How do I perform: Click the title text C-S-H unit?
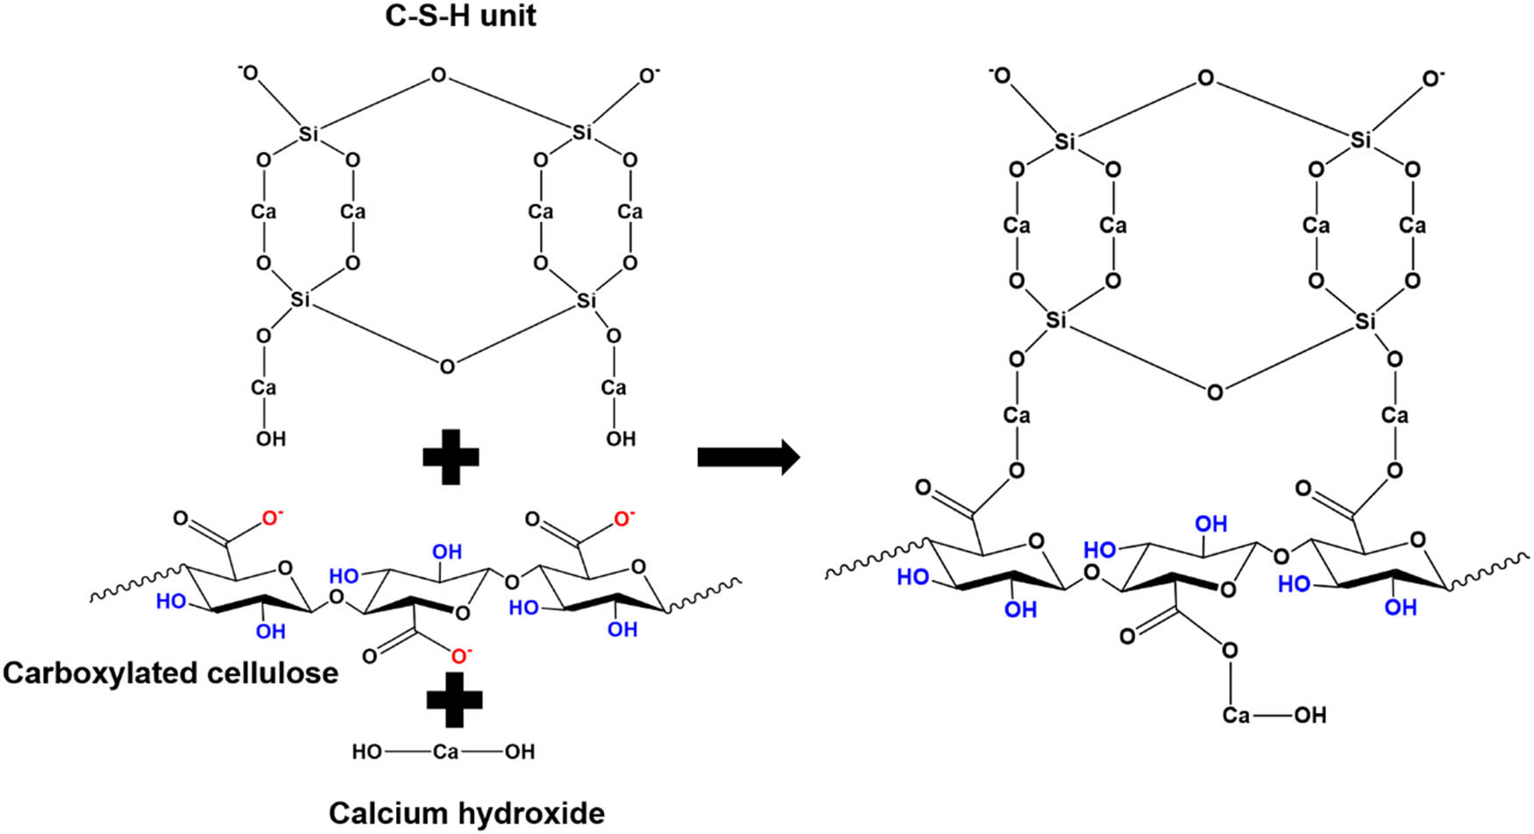(460, 16)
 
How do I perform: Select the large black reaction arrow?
(748, 457)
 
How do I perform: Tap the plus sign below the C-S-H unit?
(451, 458)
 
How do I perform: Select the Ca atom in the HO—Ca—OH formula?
(445, 752)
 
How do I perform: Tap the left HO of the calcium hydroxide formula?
(367, 752)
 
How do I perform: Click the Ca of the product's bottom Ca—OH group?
(1236, 716)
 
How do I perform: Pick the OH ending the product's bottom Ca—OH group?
(1310, 716)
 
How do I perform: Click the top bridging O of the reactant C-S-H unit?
(438, 76)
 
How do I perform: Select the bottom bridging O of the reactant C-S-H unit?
(447, 366)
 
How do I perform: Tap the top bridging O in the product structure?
(1206, 79)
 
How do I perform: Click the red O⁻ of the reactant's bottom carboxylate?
(461, 655)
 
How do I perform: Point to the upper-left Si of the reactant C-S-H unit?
(309, 134)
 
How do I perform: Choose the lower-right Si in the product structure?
(1366, 322)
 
